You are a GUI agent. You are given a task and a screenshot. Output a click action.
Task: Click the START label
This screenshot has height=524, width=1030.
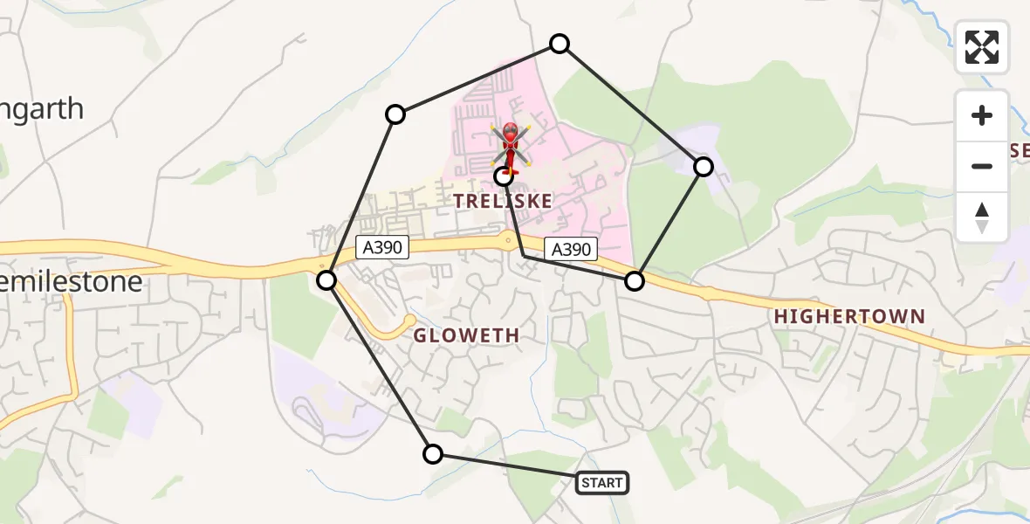[601, 482]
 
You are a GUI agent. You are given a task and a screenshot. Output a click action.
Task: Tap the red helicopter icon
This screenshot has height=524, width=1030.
[510, 145]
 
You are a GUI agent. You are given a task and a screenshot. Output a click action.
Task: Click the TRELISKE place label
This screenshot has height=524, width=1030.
[503, 201]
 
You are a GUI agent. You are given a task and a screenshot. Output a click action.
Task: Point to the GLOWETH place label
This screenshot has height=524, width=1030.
[466, 334]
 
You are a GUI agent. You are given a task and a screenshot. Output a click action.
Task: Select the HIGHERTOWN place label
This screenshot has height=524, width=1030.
[848, 316]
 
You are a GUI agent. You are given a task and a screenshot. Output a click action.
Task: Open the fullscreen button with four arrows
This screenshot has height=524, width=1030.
[982, 47]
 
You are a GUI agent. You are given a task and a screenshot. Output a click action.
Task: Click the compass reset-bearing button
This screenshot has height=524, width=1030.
[982, 217]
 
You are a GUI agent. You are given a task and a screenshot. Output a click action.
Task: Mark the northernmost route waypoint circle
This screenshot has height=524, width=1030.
[560, 44]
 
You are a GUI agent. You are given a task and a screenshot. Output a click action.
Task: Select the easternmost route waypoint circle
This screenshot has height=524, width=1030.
[704, 166]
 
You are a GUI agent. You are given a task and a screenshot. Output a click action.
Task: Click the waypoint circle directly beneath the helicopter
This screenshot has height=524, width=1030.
[504, 176]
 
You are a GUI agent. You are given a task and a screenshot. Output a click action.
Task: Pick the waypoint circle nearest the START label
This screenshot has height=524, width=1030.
[432, 453]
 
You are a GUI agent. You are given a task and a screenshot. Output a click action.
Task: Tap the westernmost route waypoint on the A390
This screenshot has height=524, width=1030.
[326, 279]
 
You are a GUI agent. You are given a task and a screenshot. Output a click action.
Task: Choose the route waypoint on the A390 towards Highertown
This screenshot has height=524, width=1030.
[635, 280]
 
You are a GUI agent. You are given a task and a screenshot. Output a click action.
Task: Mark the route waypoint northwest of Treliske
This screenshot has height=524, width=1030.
[395, 114]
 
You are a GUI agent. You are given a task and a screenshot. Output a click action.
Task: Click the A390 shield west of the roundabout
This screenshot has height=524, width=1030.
[382, 247]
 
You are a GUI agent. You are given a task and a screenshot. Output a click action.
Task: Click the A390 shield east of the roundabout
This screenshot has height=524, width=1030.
[571, 250]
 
